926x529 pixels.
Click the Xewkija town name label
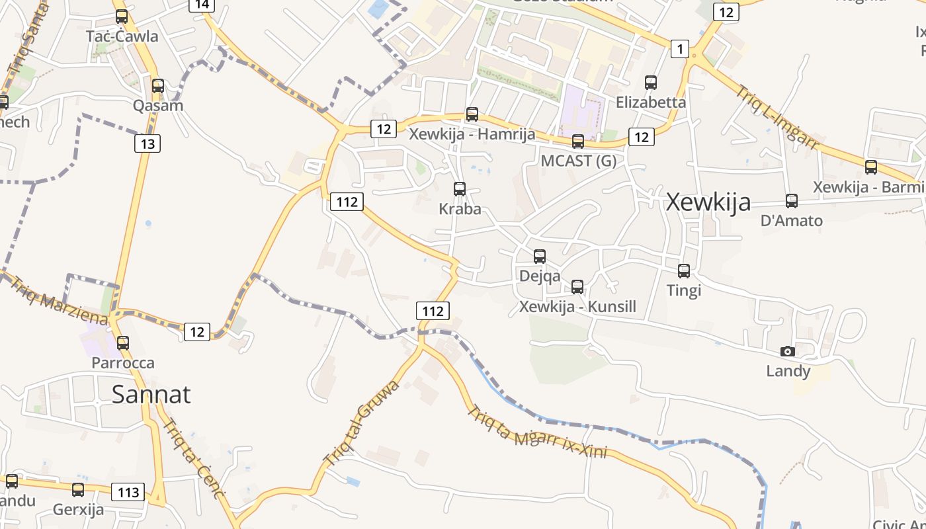708,202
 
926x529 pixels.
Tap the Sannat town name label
151,394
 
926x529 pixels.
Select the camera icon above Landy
787,351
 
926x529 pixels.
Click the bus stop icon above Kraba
460,189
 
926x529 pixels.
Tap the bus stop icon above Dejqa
540,256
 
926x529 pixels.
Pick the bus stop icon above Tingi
684,270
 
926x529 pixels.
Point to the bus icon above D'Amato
792,200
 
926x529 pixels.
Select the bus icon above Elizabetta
651,83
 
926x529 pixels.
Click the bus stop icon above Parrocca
123,343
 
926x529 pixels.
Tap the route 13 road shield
147,143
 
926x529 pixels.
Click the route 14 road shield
202,5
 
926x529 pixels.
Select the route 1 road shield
680,48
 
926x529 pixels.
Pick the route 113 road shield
128,492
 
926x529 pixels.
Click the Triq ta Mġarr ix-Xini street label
537,432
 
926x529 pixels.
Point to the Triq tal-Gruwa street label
361,422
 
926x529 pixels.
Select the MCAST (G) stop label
578,161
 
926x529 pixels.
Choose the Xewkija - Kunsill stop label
577,307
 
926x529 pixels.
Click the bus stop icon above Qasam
158,86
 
